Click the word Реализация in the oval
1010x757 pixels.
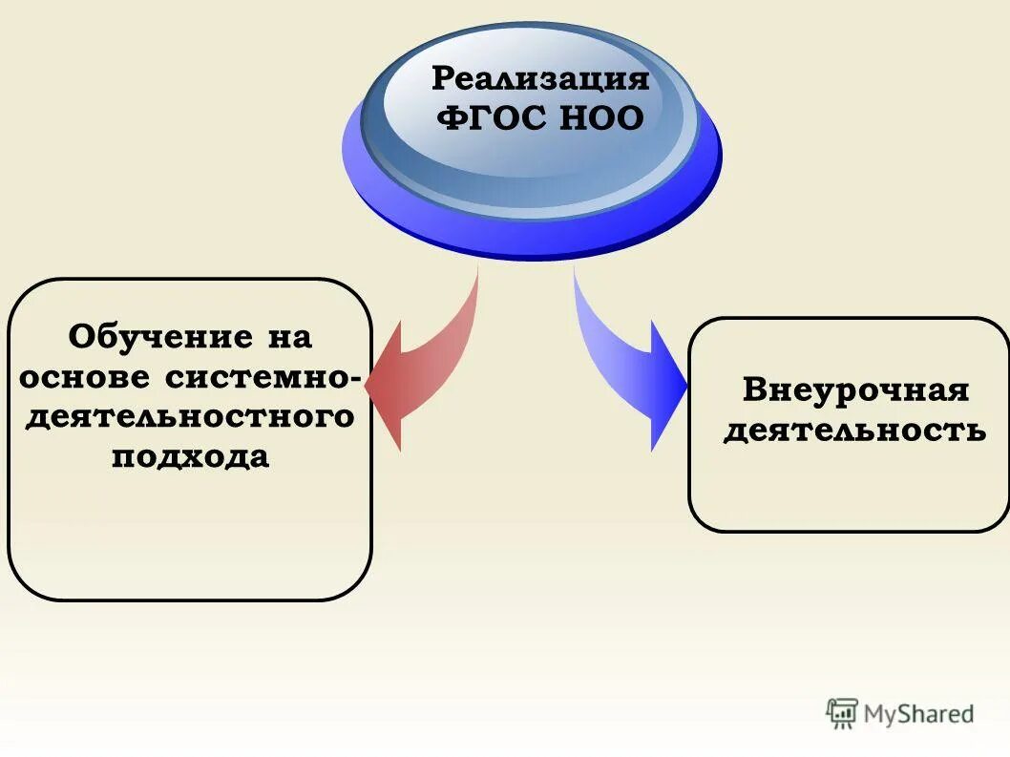(x=540, y=77)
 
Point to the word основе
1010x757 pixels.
(x=84, y=376)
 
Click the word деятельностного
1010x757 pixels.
(x=189, y=416)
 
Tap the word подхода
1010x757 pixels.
(x=190, y=456)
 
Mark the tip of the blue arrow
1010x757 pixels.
(x=685, y=387)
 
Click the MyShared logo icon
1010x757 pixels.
(x=842, y=713)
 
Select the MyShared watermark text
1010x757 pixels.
(x=917, y=713)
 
